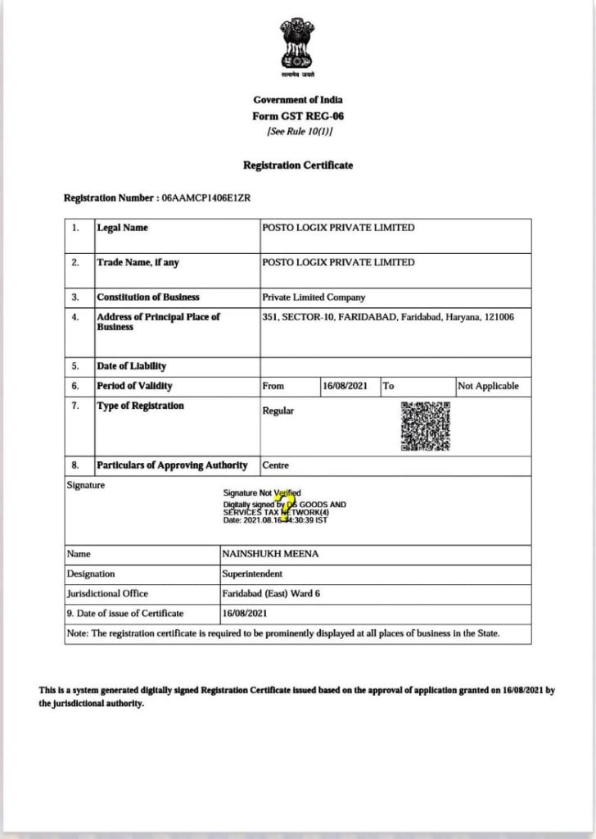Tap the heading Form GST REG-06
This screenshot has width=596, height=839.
click(x=298, y=116)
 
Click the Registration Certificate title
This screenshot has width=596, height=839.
click(x=298, y=166)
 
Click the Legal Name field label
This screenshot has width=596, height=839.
click(x=123, y=228)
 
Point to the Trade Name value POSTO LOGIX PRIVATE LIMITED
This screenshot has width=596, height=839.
click(x=337, y=262)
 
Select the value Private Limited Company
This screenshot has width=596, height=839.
click(x=314, y=297)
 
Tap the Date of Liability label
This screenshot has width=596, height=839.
click(x=131, y=366)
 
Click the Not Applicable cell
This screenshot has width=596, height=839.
click(x=489, y=386)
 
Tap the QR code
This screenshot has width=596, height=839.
click(x=425, y=426)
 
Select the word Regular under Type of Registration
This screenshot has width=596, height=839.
click(x=278, y=411)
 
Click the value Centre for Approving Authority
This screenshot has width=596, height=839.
click(x=276, y=465)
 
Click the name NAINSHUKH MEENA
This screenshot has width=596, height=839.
click(x=270, y=555)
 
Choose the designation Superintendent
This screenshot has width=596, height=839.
click(x=252, y=574)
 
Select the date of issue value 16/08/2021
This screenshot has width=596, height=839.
click(x=244, y=614)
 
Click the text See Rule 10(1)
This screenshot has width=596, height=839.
click(x=298, y=132)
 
